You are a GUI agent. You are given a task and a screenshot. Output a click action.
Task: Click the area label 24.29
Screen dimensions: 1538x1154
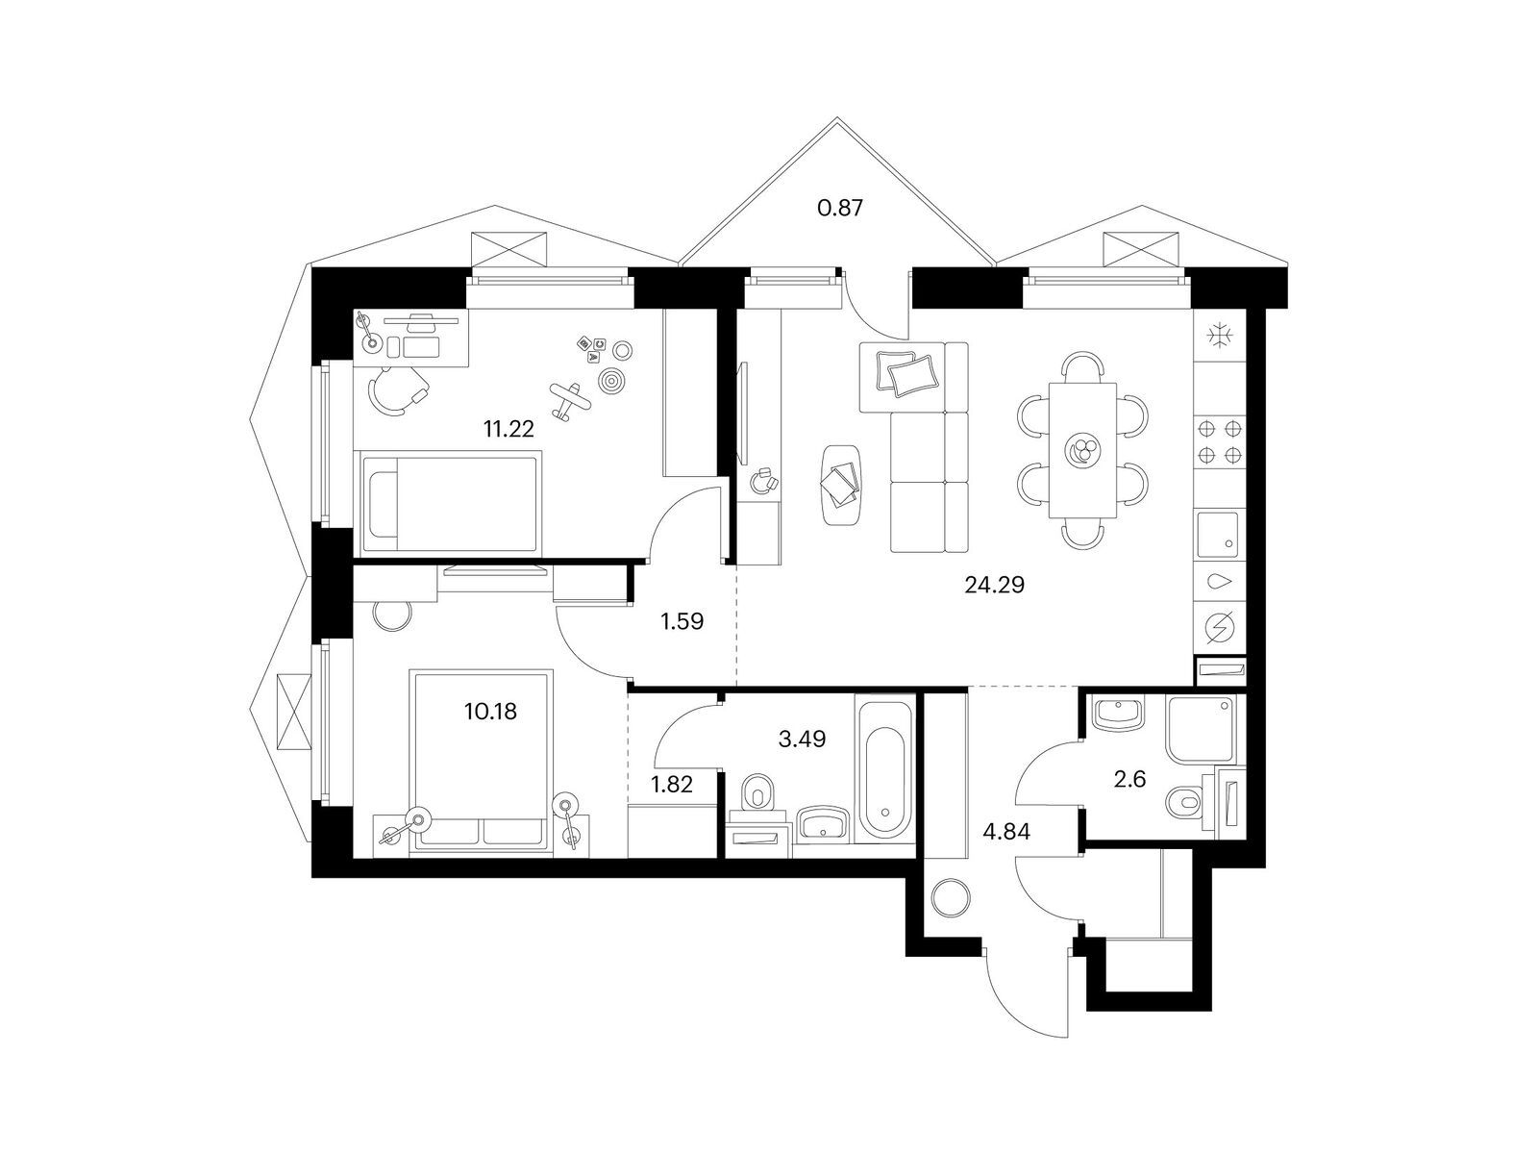pyautogui.click(x=994, y=585)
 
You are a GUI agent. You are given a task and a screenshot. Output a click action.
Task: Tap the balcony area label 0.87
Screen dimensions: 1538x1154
pyautogui.click(x=840, y=208)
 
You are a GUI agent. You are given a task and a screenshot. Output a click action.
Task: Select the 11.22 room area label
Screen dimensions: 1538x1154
pyautogui.click(x=508, y=428)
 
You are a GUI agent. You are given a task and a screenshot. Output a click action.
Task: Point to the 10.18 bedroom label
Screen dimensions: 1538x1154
pyautogui.click(x=490, y=712)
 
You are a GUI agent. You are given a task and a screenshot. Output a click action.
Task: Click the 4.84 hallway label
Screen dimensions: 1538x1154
pyautogui.click(x=1006, y=832)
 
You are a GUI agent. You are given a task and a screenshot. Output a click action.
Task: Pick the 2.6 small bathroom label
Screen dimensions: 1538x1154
pyautogui.click(x=1129, y=778)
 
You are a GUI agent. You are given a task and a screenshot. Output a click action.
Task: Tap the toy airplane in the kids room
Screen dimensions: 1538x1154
pyautogui.click(x=570, y=401)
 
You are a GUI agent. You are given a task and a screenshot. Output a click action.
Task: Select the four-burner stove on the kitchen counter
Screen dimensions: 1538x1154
pyautogui.click(x=1219, y=441)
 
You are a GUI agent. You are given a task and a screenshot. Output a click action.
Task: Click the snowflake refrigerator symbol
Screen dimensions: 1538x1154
pyautogui.click(x=1219, y=335)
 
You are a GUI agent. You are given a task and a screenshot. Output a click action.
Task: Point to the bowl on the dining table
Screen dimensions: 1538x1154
pyautogui.click(x=1082, y=450)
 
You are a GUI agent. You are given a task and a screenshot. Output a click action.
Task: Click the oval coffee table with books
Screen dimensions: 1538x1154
pyautogui.click(x=841, y=484)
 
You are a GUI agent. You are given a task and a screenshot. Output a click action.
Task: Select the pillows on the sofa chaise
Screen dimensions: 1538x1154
pyautogui.click(x=906, y=370)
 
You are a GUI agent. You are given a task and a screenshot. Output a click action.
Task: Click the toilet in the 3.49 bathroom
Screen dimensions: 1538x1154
pyautogui.click(x=757, y=791)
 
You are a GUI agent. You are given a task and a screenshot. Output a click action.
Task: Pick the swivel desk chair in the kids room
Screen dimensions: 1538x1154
pyautogui.click(x=397, y=390)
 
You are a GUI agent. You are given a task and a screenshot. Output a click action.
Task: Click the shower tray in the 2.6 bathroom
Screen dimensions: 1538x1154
pyautogui.click(x=1201, y=729)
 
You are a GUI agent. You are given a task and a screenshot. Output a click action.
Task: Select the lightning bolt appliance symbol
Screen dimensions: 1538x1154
pyautogui.click(x=1219, y=626)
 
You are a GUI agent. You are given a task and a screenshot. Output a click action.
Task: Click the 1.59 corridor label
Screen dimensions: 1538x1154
pyautogui.click(x=682, y=621)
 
